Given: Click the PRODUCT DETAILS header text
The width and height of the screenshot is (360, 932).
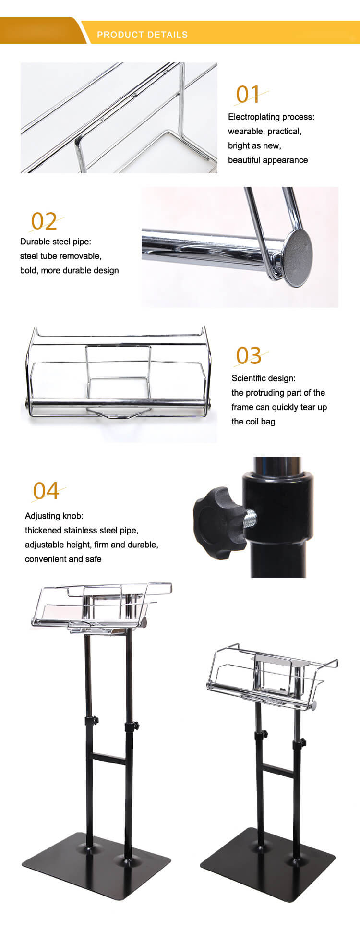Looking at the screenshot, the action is point(142,35).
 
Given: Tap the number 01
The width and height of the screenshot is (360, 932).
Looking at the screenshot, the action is point(248,95).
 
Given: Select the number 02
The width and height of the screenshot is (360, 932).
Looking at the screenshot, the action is point(44,221).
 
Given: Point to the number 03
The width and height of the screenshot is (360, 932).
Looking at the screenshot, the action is point(249,356).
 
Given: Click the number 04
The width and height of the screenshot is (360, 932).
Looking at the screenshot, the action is point(46,491).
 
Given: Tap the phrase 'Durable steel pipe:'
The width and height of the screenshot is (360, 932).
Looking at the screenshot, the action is point(55,242).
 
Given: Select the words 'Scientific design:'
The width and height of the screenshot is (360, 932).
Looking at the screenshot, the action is point(264,378).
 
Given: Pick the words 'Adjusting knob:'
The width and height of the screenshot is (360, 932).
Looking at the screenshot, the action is point(54,516).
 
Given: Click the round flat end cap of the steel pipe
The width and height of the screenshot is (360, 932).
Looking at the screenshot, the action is point(298,258).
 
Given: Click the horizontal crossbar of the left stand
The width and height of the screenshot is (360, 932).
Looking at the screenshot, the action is point(108,758).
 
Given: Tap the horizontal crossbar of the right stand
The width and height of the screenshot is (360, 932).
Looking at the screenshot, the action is point(278,768).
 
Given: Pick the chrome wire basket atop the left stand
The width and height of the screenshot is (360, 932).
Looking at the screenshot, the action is point(102,608).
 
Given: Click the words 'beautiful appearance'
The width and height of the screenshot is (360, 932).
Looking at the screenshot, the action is point(268,160).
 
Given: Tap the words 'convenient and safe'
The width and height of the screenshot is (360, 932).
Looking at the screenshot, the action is point(63,559).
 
